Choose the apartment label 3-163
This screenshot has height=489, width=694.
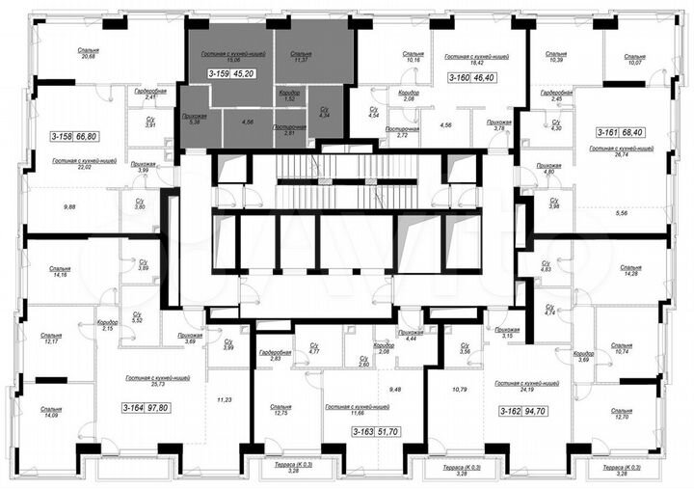[x=363, y=432]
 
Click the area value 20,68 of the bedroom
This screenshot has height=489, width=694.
[x=90, y=58]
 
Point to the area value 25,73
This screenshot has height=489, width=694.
[x=143, y=386]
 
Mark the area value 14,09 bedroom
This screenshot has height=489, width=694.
[x=50, y=415]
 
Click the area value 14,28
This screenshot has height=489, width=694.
[x=632, y=274]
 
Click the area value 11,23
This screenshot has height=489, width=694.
[x=227, y=399]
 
